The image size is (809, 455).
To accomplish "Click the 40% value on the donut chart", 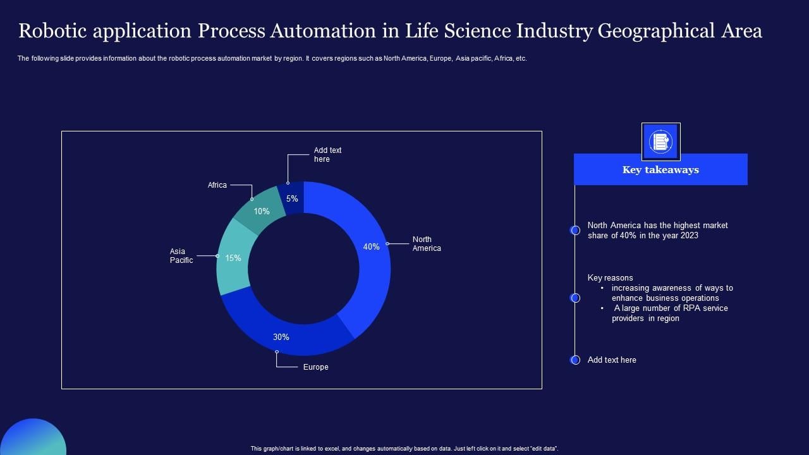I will click(371, 247).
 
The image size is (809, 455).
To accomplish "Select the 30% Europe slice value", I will click(281, 337).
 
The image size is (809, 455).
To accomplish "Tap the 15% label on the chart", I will click(233, 258).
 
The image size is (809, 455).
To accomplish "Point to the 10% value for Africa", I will click(262, 211).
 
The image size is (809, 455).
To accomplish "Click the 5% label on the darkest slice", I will click(292, 198).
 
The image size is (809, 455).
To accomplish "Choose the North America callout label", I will click(427, 244).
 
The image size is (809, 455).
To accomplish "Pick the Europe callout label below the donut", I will click(315, 367).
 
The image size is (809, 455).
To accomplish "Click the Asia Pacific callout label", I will click(181, 256).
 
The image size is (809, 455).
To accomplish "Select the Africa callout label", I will click(217, 185).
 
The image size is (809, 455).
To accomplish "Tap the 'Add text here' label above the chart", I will click(327, 155).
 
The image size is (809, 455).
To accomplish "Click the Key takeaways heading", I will click(660, 169).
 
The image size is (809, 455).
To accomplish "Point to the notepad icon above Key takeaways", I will click(660, 142).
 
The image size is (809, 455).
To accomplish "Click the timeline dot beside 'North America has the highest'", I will click(575, 231).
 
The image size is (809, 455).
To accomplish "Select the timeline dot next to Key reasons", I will click(575, 298).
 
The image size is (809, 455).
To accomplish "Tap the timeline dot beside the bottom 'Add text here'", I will click(575, 360).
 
